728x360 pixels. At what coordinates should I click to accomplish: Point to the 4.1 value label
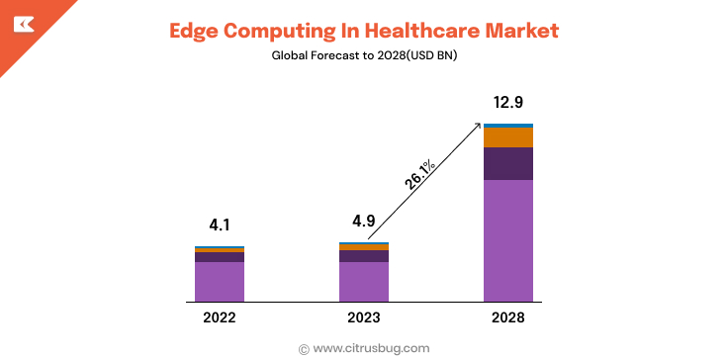click(x=219, y=225)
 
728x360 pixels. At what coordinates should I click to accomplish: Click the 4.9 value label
click(x=363, y=221)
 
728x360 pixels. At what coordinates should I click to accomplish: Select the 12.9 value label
click(x=507, y=102)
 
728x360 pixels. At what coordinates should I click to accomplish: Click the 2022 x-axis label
click(x=219, y=317)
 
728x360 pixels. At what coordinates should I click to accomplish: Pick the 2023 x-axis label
click(x=363, y=317)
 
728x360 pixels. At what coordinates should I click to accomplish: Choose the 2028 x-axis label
click(x=507, y=317)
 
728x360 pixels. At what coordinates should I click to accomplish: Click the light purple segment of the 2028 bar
click(x=507, y=240)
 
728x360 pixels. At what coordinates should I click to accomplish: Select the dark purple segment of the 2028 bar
click(x=507, y=163)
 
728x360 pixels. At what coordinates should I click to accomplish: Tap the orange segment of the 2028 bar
click(x=507, y=137)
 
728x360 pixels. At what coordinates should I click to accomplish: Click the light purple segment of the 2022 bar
click(x=219, y=281)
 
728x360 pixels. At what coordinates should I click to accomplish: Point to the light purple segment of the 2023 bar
click(x=363, y=281)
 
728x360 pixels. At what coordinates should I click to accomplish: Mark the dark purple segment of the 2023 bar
click(x=363, y=256)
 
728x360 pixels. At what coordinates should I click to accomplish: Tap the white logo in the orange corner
click(x=22, y=24)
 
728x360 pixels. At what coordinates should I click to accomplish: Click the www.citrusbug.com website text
click(x=371, y=348)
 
